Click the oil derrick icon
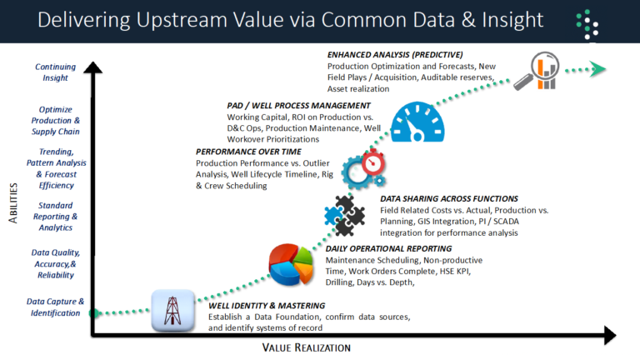[173, 310]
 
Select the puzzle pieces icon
[343, 213]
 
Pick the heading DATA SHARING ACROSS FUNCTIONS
[448, 199]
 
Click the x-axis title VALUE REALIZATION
[306, 347]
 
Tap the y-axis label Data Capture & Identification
[55, 307]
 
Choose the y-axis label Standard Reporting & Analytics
[55, 216]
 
